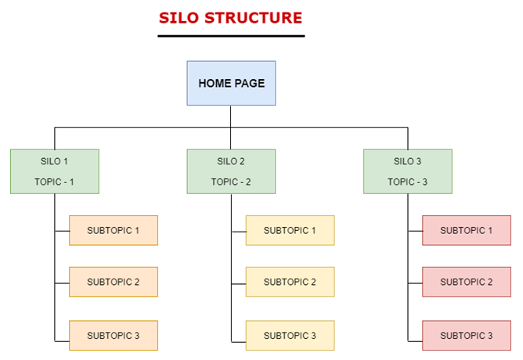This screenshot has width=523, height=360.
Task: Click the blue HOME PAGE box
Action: pyautogui.click(x=231, y=83)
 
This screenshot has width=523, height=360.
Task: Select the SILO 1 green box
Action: pyautogui.click(x=55, y=171)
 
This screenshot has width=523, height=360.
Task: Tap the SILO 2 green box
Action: pyautogui.click(x=231, y=171)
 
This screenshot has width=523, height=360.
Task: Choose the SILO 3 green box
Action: pyautogui.click(x=408, y=171)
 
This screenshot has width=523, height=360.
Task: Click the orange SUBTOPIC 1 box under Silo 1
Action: pyautogui.click(x=114, y=230)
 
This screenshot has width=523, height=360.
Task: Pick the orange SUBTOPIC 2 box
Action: pyautogui.click(x=114, y=282)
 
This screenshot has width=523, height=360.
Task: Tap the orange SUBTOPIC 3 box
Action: pyautogui.click(x=114, y=335)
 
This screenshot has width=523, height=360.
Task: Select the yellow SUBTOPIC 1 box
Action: pyautogui.click(x=290, y=230)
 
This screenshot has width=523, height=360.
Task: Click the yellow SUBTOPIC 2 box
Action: pyautogui.click(x=290, y=282)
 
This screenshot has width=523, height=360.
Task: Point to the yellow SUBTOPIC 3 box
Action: pyautogui.click(x=290, y=335)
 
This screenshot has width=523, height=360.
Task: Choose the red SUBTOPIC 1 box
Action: pyautogui.click(x=467, y=230)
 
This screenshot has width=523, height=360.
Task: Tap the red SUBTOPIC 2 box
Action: pyautogui.click(x=467, y=282)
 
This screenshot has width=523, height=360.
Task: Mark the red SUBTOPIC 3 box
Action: pyautogui.click(x=467, y=335)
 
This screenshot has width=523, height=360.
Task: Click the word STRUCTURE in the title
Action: pyautogui.click(x=253, y=18)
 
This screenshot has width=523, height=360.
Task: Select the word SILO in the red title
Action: pyautogui.click(x=179, y=18)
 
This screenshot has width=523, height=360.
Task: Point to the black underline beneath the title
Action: pyautogui.click(x=231, y=36)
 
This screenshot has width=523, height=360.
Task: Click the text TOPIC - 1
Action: pyautogui.click(x=54, y=182)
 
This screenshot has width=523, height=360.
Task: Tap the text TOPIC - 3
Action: pyautogui.click(x=407, y=182)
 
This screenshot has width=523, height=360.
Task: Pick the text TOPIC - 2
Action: pyautogui.click(x=231, y=182)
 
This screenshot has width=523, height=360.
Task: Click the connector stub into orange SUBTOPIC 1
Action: pyautogui.click(x=62, y=231)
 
